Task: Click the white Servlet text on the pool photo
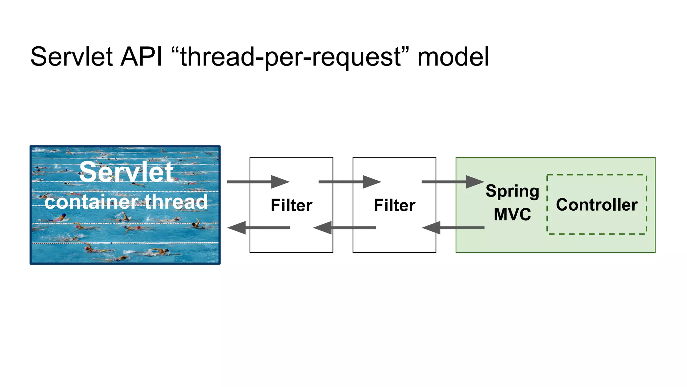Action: click(x=126, y=172)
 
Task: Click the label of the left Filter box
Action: click(x=292, y=205)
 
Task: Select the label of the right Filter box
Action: click(x=394, y=205)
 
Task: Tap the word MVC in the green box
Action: click(x=512, y=214)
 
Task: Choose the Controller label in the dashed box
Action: click(x=597, y=205)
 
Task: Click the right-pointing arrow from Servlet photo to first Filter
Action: click(x=258, y=182)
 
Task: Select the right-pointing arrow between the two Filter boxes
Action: click(x=350, y=182)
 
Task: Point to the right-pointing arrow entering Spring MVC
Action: click(x=453, y=182)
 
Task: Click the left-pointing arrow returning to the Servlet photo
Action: click(x=258, y=228)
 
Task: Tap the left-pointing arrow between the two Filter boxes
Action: click(x=345, y=228)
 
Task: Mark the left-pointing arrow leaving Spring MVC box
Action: click(x=453, y=228)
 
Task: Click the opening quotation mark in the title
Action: click(x=175, y=50)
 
